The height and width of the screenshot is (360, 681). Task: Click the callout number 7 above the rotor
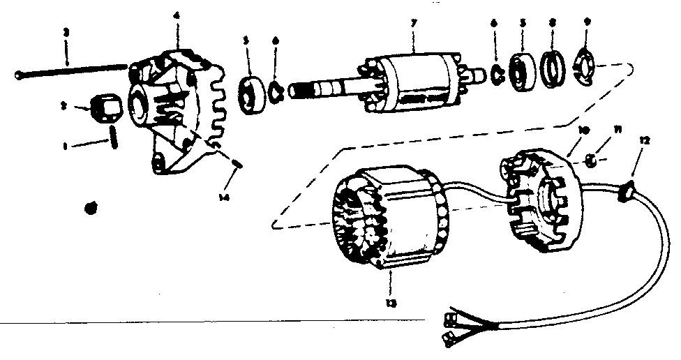pos(413,24)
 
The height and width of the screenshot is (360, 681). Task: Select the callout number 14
pos(223,198)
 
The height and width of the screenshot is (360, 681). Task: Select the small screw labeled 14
pos(235,165)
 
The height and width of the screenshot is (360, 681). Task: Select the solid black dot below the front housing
pos(89,207)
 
